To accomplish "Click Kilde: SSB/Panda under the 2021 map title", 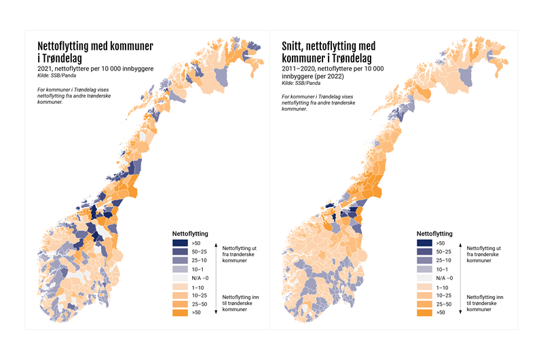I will pyautogui.click(x=57, y=76).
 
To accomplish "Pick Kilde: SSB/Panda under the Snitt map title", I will pyautogui.click(x=301, y=84).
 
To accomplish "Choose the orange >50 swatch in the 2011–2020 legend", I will pyautogui.click(x=425, y=313).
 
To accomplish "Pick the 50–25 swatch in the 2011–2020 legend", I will pyautogui.click(x=425, y=252).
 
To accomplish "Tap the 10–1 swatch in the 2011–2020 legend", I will pyautogui.click(x=425, y=270).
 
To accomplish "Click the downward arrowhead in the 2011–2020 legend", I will pyautogui.click(x=460, y=312).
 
